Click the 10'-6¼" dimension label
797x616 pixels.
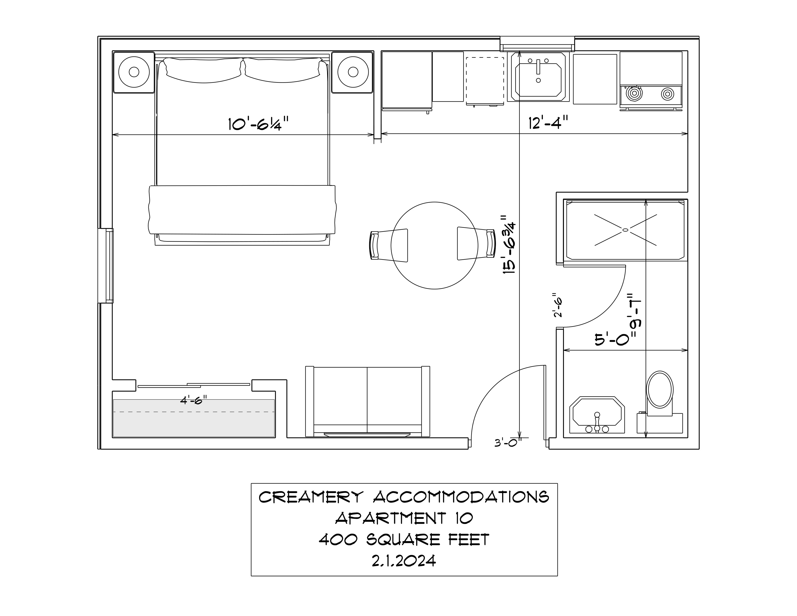(258, 124)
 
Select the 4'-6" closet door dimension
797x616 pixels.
(193, 400)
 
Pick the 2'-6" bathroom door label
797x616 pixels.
(558, 305)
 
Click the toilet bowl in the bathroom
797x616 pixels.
(660, 389)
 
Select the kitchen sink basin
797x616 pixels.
(538, 76)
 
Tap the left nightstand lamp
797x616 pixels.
(134, 72)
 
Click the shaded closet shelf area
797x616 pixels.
(194, 418)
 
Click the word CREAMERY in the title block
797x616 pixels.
(311, 497)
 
